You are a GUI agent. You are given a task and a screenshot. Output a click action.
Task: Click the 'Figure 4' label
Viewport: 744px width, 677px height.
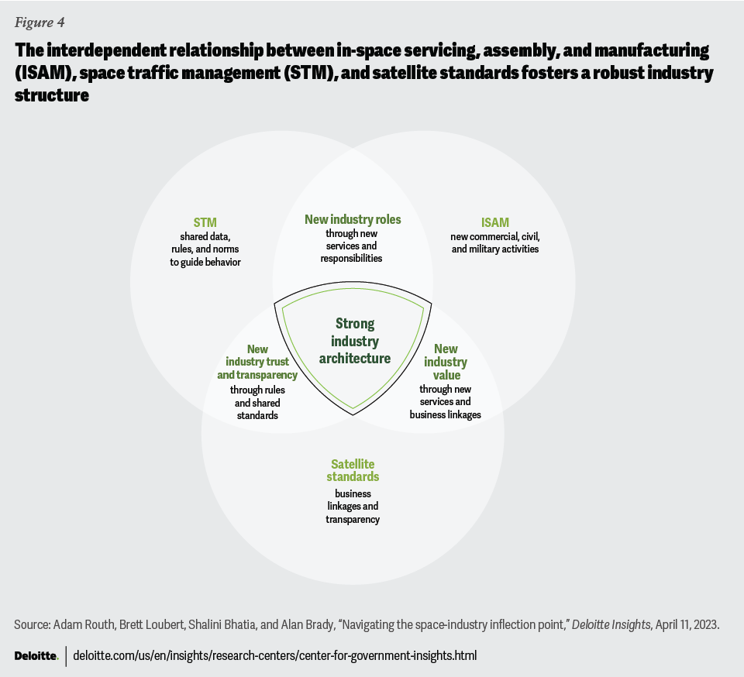click(x=39, y=22)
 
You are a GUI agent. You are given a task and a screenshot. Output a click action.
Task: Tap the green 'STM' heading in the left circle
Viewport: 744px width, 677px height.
click(x=205, y=223)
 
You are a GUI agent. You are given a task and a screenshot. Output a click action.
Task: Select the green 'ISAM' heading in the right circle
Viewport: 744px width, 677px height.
click(x=494, y=223)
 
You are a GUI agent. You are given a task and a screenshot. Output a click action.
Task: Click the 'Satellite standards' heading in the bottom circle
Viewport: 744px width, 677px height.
click(x=353, y=470)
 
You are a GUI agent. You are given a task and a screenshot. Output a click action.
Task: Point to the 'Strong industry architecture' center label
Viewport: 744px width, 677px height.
click(x=354, y=341)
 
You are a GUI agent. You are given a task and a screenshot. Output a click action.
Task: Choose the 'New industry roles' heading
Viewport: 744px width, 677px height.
click(x=353, y=220)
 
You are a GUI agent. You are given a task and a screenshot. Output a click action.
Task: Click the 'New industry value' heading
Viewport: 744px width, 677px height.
click(x=446, y=362)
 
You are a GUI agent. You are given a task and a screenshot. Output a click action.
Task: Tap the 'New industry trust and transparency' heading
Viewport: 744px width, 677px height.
click(x=257, y=362)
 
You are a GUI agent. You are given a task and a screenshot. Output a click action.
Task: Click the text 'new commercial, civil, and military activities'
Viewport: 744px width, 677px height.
click(x=494, y=242)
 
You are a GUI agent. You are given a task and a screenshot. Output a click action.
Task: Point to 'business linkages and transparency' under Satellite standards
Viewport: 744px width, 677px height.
click(x=353, y=506)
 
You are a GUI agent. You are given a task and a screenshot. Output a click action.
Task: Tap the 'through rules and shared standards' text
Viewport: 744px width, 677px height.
click(x=257, y=402)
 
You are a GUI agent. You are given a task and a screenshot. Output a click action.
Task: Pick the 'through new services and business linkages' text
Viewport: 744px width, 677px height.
click(x=446, y=401)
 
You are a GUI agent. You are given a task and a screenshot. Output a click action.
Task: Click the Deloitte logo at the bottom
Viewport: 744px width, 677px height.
click(x=36, y=655)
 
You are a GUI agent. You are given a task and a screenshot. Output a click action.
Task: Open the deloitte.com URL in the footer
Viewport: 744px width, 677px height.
click(x=275, y=655)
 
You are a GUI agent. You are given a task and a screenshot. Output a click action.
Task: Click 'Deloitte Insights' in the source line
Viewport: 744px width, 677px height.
click(x=611, y=624)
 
